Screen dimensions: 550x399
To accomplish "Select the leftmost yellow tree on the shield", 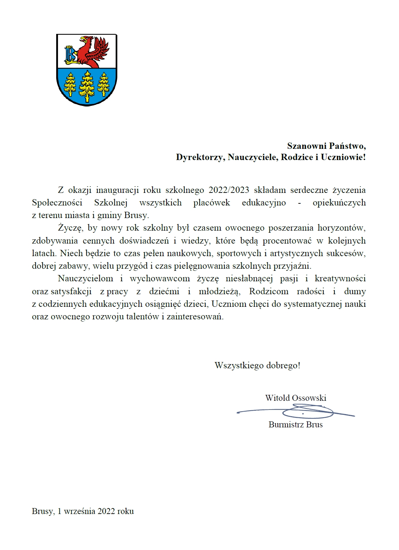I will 71,84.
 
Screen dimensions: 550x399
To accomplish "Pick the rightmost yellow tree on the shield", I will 103,84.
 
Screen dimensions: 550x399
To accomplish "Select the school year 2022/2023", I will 229,190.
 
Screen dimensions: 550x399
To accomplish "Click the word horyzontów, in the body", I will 341,228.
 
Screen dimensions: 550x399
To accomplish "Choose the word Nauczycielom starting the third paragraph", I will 86,278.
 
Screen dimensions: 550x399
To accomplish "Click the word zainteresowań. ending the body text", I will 195,317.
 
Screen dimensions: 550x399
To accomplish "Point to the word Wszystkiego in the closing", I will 239,366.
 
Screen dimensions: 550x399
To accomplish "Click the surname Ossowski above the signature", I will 309,398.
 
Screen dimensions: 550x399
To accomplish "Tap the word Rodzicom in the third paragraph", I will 269,291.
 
